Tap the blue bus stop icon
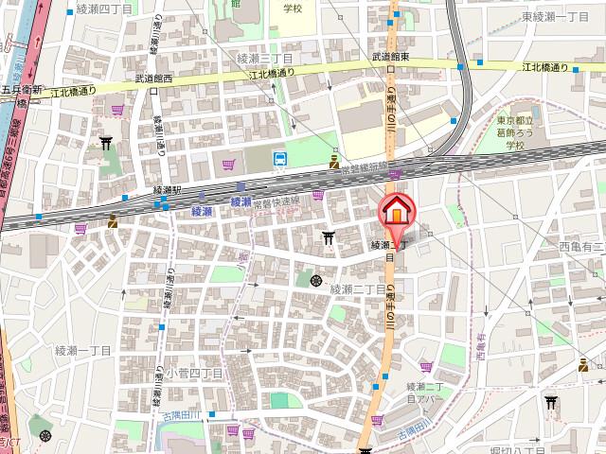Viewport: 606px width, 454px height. pyautogui.click(x=280, y=159)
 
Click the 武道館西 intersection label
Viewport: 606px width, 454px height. pyautogui.click(x=154, y=79)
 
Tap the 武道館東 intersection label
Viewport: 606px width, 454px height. pyautogui.click(x=390, y=57)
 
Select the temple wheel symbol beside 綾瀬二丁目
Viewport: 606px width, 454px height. pyautogui.click(x=315, y=280)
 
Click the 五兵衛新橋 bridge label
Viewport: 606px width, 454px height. pyautogui.click(x=21, y=96)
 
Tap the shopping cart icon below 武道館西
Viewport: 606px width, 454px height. pyautogui.click(x=117, y=110)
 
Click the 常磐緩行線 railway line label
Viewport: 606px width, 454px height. pyautogui.click(x=365, y=166)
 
